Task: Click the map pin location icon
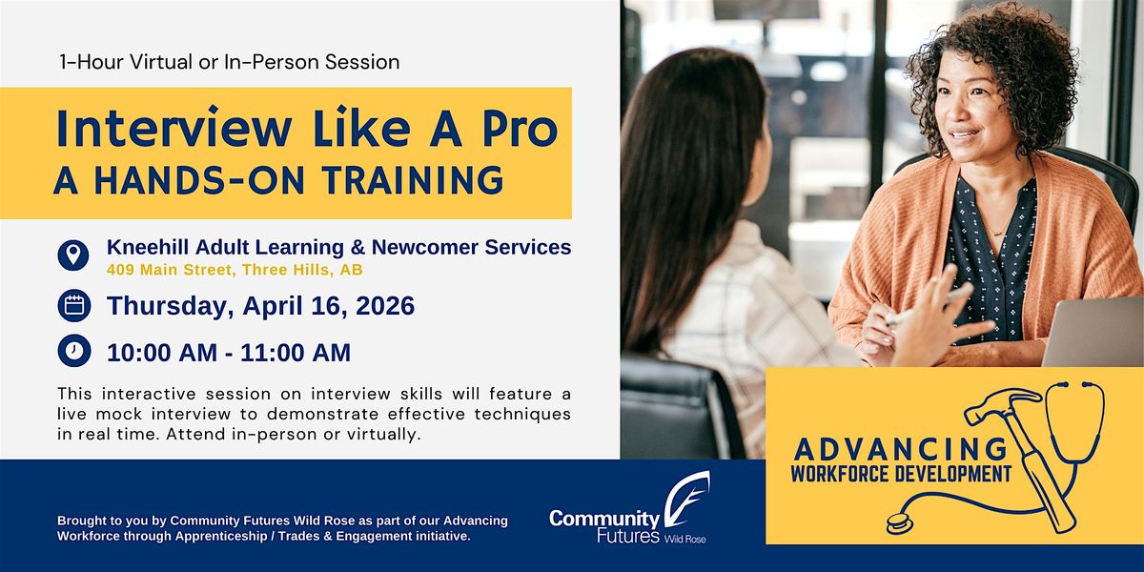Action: pos(73,255)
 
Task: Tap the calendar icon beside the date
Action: pos(74,305)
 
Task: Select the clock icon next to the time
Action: pos(74,351)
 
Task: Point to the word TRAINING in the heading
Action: pos(413,180)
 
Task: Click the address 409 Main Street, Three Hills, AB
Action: pos(235,270)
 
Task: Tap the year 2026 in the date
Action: pos(385,305)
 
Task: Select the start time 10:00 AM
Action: pos(162,353)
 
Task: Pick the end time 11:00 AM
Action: pos(296,353)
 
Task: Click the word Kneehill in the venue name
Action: pos(148,247)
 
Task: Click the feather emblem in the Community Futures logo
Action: pos(687,499)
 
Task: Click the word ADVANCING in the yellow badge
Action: pos(900,449)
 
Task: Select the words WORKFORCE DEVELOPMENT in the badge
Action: pos(901,474)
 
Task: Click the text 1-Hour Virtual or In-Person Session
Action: pos(230,62)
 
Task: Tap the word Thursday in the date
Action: pos(170,306)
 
